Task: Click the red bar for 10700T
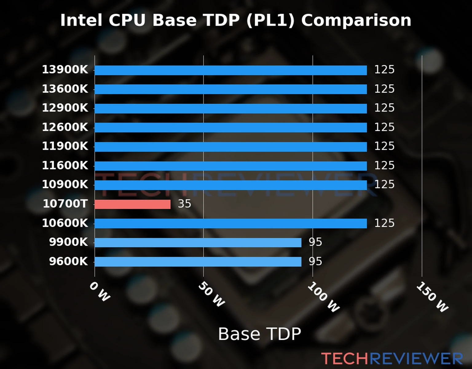[132, 204]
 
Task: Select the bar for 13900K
[230, 70]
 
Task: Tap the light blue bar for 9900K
[198, 243]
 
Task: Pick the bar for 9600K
[198, 262]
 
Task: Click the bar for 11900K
[230, 147]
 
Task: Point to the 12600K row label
[65, 127]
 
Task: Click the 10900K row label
[65, 184]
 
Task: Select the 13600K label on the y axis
[65, 89]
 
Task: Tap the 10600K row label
[65, 223]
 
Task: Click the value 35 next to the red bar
[184, 204]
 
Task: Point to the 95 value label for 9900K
[315, 242]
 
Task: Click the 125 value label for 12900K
[384, 108]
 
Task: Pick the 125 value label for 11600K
[384, 165]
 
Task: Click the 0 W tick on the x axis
[100, 292]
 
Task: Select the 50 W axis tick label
[211, 294]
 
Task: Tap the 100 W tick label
[324, 297]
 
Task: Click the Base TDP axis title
[259, 334]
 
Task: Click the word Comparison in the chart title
[356, 21]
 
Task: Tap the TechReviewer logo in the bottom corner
[392, 359]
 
